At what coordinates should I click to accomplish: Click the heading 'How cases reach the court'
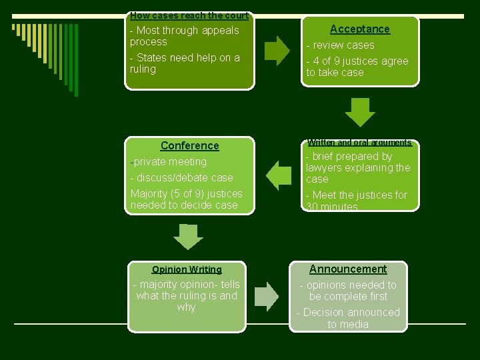click(189, 15)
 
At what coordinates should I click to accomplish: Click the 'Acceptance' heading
click(360, 29)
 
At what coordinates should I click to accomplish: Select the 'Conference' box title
click(189, 145)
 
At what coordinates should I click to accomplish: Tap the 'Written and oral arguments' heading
click(359, 143)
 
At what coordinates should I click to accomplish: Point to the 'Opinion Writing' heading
click(187, 269)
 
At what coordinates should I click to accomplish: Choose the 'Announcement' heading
click(348, 269)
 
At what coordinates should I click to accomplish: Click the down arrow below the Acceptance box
click(360, 112)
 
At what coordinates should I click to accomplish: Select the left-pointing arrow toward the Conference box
click(279, 175)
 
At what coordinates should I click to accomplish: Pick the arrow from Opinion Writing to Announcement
click(268, 297)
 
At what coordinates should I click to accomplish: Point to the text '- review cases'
click(340, 45)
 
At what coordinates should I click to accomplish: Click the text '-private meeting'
click(169, 162)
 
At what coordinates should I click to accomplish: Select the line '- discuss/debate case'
click(182, 178)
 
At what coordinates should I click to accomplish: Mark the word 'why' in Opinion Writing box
click(187, 307)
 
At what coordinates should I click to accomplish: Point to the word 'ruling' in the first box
click(143, 69)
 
